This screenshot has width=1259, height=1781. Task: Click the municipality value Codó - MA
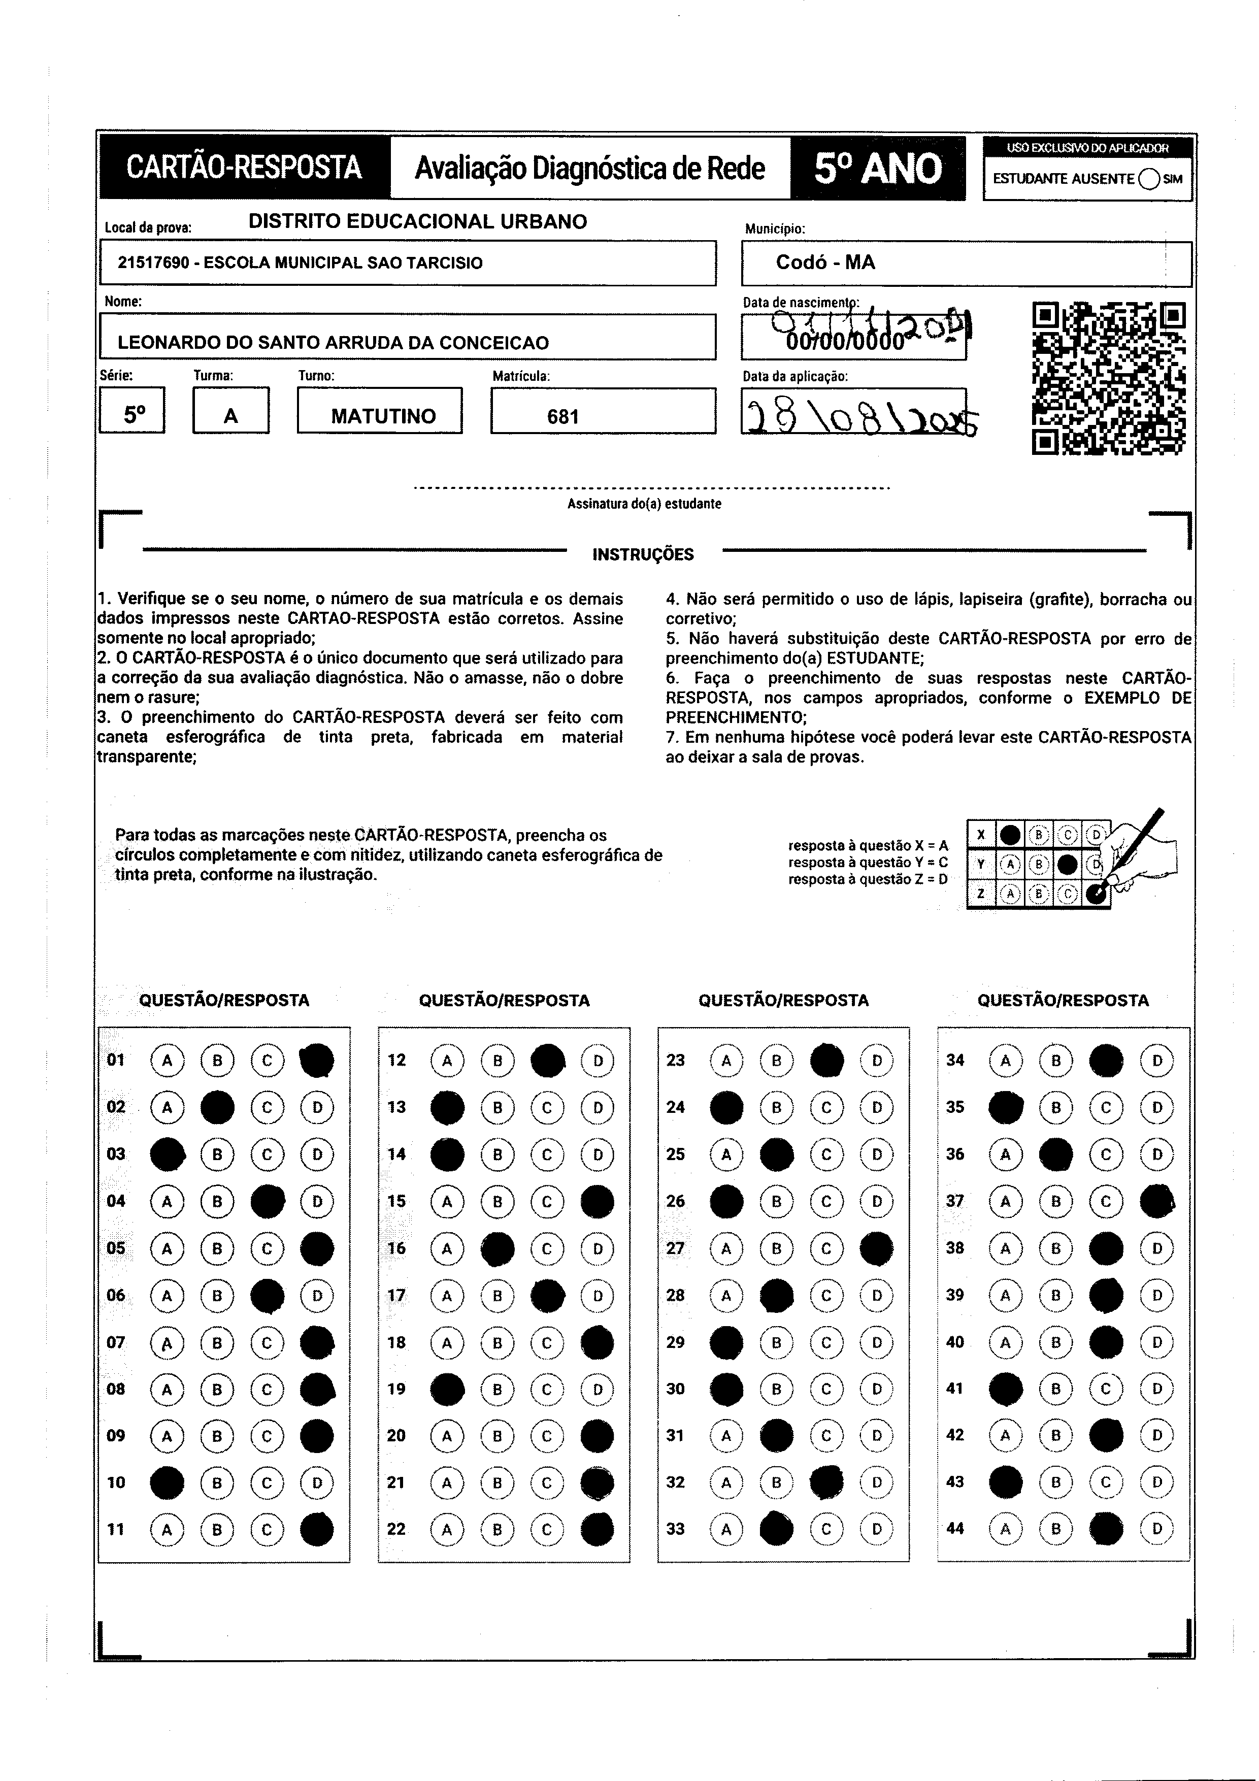(825, 262)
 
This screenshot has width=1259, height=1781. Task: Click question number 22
(396, 1529)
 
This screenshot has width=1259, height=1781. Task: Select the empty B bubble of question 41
(1056, 1389)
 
